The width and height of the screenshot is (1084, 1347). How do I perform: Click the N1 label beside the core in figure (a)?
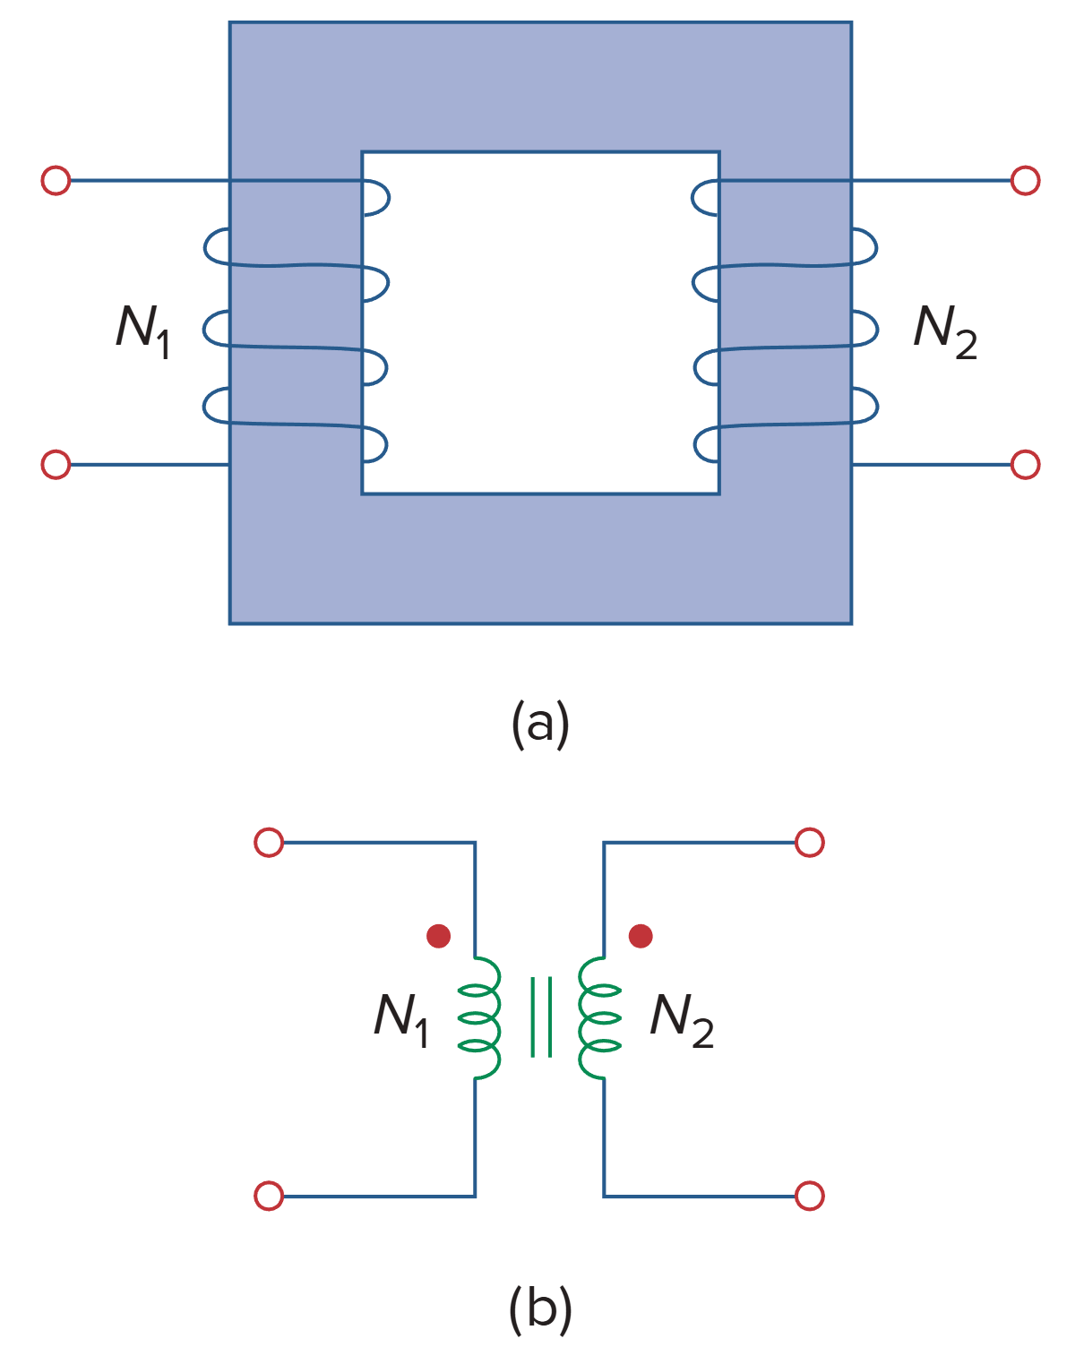pyautogui.click(x=143, y=330)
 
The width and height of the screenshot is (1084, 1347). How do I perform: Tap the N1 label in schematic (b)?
pyautogui.click(x=401, y=1018)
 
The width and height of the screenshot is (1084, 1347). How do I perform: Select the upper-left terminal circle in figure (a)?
pyautogui.click(x=56, y=181)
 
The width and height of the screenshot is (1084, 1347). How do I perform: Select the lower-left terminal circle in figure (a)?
pyautogui.click(x=56, y=465)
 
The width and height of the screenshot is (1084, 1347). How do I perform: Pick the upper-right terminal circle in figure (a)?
pyautogui.click(x=1025, y=181)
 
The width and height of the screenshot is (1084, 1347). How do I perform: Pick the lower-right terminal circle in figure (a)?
pyautogui.click(x=1025, y=465)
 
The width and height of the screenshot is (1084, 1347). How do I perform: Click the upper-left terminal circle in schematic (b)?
pyautogui.click(x=269, y=843)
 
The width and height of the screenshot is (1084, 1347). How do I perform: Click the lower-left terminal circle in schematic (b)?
pyautogui.click(x=269, y=1196)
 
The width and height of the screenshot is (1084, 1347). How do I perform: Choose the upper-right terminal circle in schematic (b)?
pyautogui.click(x=810, y=843)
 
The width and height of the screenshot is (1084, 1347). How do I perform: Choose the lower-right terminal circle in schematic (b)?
pyautogui.click(x=810, y=1196)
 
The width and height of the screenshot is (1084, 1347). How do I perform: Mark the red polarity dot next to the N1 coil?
pyautogui.click(x=438, y=936)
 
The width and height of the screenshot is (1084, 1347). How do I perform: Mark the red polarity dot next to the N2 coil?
pyautogui.click(x=641, y=936)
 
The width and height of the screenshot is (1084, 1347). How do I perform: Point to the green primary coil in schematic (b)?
pyautogui.click(x=481, y=1018)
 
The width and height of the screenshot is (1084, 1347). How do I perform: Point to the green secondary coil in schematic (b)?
pyautogui.click(x=598, y=1018)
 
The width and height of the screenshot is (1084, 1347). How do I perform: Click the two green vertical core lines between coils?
pyautogui.click(x=540, y=1017)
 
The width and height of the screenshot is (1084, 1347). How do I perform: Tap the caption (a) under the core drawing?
pyautogui.click(x=540, y=724)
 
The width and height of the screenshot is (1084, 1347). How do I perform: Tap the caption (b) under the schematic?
pyautogui.click(x=540, y=1308)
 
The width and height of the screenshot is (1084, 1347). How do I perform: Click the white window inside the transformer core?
pyautogui.click(x=540, y=322)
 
